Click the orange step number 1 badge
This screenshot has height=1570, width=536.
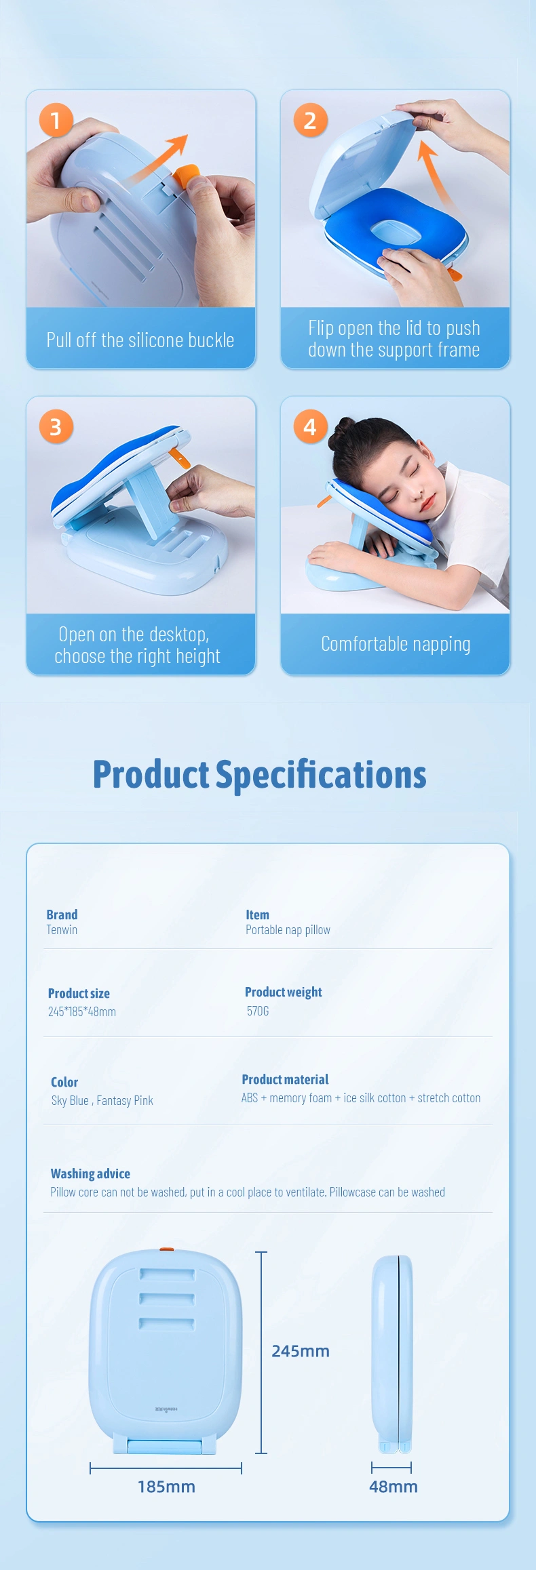click(x=56, y=120)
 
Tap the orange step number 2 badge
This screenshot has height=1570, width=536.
click(x=310, y=120)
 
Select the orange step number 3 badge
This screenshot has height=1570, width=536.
click(x=56, y=426)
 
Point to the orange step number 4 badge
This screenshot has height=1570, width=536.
click(x=310, y=426)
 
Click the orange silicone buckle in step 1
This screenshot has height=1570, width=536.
click(x=187, y=175)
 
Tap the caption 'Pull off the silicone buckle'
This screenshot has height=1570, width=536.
click(x=140, y=340)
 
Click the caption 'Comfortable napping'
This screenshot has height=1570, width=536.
click(x=396, y=644)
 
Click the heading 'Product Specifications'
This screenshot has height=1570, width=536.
click(x=260, y=774)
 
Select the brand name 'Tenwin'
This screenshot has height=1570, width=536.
click(x=62, y=930)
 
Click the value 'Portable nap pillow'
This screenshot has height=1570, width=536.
click(x=288, y=930)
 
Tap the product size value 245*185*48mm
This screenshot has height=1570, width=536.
click(x=82, y=1011)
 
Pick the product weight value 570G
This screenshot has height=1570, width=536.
click(x=258, y=1011)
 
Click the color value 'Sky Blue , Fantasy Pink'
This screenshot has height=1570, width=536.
click(x=102, y=1100)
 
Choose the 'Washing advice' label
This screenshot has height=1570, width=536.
click(x=90, y=1173)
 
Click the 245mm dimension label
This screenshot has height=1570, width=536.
click(x=301, y=1351)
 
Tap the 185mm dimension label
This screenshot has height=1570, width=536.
click(x=166, y=1487)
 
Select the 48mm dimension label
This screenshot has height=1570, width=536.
click(x=394, y=1487)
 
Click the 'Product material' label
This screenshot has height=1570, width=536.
click(x=285, y=1079)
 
